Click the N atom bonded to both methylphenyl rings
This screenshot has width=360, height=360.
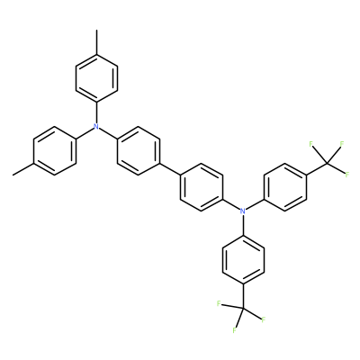[96, 127]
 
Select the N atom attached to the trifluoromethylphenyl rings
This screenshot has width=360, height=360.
[243, 211]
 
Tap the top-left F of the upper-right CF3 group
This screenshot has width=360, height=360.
[311, 144]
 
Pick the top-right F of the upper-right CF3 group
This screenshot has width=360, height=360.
[341, 144]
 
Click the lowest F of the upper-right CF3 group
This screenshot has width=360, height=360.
[347, 175]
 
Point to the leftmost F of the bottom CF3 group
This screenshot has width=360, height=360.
[219, 303]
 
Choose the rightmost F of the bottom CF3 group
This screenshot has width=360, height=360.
[264, 319]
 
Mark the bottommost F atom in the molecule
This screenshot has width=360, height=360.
[234, 330]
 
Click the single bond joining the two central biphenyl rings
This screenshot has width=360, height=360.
[169, 169]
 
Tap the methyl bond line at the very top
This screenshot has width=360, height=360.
[96, 42]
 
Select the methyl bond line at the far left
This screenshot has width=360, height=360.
[23, 169]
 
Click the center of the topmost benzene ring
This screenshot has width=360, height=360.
[96, 78]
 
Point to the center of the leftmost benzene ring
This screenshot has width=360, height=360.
[54, 151]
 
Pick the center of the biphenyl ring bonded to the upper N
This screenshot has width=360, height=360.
[139, 151]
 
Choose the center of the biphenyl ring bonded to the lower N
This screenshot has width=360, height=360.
[202, 187]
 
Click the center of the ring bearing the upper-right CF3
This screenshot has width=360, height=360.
[285, 187]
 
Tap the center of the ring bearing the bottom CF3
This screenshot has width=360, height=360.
[243, 260]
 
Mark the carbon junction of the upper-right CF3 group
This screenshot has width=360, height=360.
[327, 163]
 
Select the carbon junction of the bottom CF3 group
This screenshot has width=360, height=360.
[243, 308]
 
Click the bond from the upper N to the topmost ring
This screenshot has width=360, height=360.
[96, 112]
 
